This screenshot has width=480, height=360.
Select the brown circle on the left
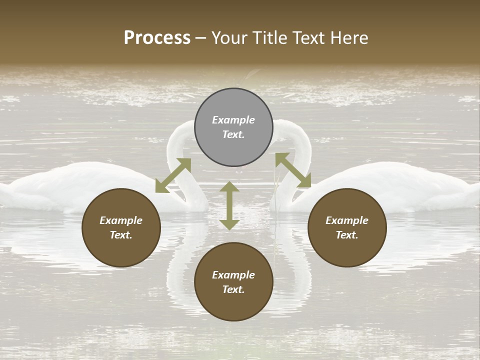pyautogui.click(x=121, y=227)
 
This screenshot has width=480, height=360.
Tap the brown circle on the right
pyautogui.click(x=347, y=227)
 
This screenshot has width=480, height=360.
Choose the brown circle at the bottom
pyautogui.click(x=233, y=282)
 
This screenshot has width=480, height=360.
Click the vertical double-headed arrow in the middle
pyautogui.click(x=229, y=205)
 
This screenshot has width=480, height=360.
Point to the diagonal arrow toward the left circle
pyautogui.click(x=173, y=175)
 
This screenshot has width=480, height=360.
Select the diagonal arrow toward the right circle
pyautogui.click(x=293, y=170)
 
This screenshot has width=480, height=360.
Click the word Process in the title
pyautogui.click(x=157, y=38)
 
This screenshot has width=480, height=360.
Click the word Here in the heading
pyautogui.click(x=350, y=38)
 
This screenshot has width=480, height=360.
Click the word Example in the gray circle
pyautogui.click(x=233, y=120)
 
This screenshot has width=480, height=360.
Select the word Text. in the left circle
pyautogui.click(x=121, y=235)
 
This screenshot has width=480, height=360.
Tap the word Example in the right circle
pyautogui.click(x=347, y=220)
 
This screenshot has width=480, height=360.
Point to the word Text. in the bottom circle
pyautogui.click(x=233, y=289)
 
